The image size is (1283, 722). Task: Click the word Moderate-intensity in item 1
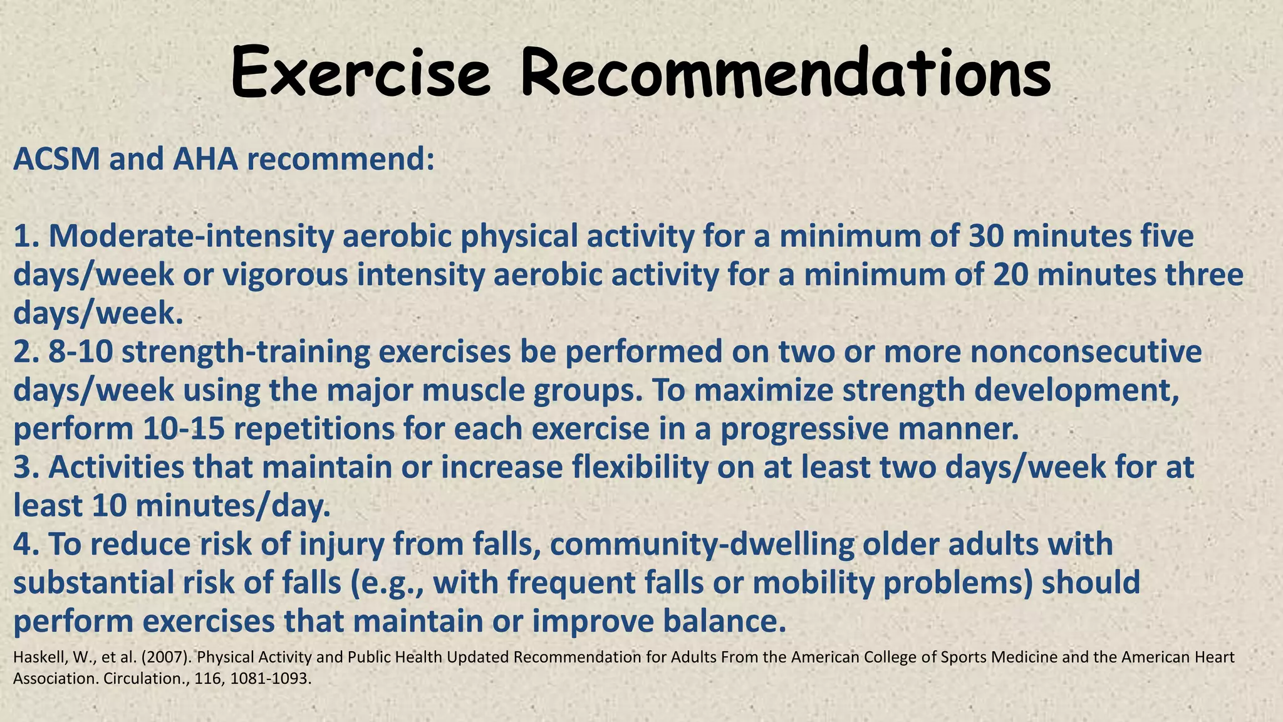pos(191,237)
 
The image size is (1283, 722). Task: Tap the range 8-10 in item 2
pos(81,352)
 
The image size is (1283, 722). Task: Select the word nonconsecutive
pos(1086,352)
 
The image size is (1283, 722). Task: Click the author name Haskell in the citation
pos(34,657)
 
